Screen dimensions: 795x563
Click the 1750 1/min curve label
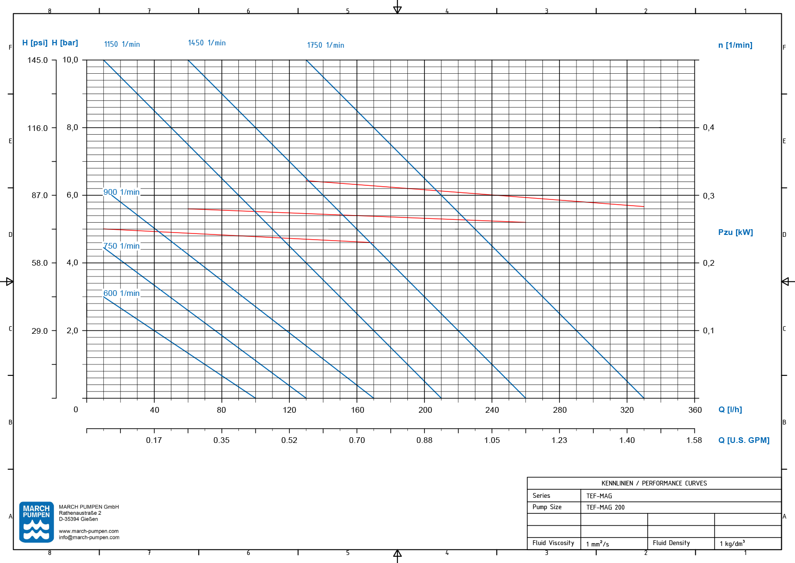(x=325, y=45)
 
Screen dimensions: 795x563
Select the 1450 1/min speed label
(x=207, y=43)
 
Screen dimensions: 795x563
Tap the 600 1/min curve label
(x=121, y=293)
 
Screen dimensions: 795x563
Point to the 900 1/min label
(x=121, y=192)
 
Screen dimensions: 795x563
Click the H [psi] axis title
(x=35, y=43)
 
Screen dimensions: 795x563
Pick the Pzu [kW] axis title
(x=736, y=232)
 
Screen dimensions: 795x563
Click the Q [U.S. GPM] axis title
(x=744, y=440)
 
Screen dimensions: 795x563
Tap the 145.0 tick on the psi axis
(x=38, y=60)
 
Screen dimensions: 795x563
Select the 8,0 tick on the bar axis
(x=72, y=127)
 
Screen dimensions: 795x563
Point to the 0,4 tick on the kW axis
(x=709, y=127)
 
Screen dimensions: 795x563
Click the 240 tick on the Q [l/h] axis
(x=492, y=410)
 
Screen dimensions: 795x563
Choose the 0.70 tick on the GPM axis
(x=357, y=440)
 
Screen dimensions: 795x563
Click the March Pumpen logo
(x=36, y=522)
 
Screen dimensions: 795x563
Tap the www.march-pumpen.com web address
(x=89, y=531)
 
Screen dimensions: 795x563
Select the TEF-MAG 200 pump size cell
(x=606, y=507)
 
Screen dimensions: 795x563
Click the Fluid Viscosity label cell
(x=553, y=543)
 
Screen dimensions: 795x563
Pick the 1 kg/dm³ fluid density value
(x=732, y=544)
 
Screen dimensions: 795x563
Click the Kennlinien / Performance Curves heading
(x=654, y=483)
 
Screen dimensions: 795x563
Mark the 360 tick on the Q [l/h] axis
(x=695, y=410)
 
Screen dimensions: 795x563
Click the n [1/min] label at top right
(x=736, y=45)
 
